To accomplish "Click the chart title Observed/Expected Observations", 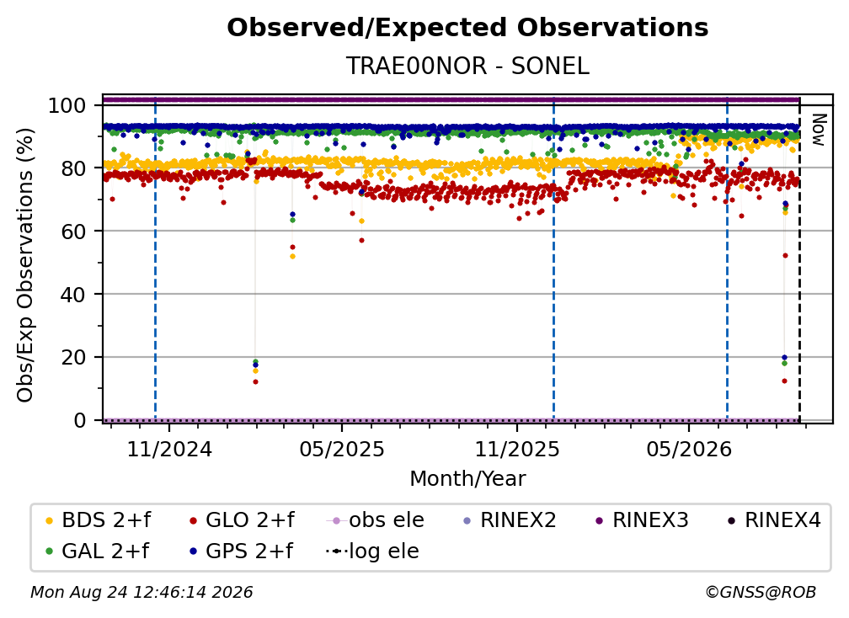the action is point(467,28).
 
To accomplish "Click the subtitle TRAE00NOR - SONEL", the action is point(467,66).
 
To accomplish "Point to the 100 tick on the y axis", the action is point(67,105).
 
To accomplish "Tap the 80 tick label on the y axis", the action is point(73,168).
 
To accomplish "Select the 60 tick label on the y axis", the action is point(73,232).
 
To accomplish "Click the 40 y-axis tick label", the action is point(73,295).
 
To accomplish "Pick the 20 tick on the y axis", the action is point(73,358).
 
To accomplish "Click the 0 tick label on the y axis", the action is point(80,420).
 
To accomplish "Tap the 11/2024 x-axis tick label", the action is point(169,449).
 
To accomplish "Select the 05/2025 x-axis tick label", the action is point(342,449).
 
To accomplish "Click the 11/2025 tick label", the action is point(517,449).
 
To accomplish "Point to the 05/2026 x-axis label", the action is point(689,449).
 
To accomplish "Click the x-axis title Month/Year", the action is point(467,479).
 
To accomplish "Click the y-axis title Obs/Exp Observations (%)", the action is point(25,265).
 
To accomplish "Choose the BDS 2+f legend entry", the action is point(98,520).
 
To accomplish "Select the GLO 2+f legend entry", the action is point(242,520).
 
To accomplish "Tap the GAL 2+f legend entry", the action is point(97,551).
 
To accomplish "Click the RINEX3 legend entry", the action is point(642,520).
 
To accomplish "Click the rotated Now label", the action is point(819,130).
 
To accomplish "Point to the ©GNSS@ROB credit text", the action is point(761,593).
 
